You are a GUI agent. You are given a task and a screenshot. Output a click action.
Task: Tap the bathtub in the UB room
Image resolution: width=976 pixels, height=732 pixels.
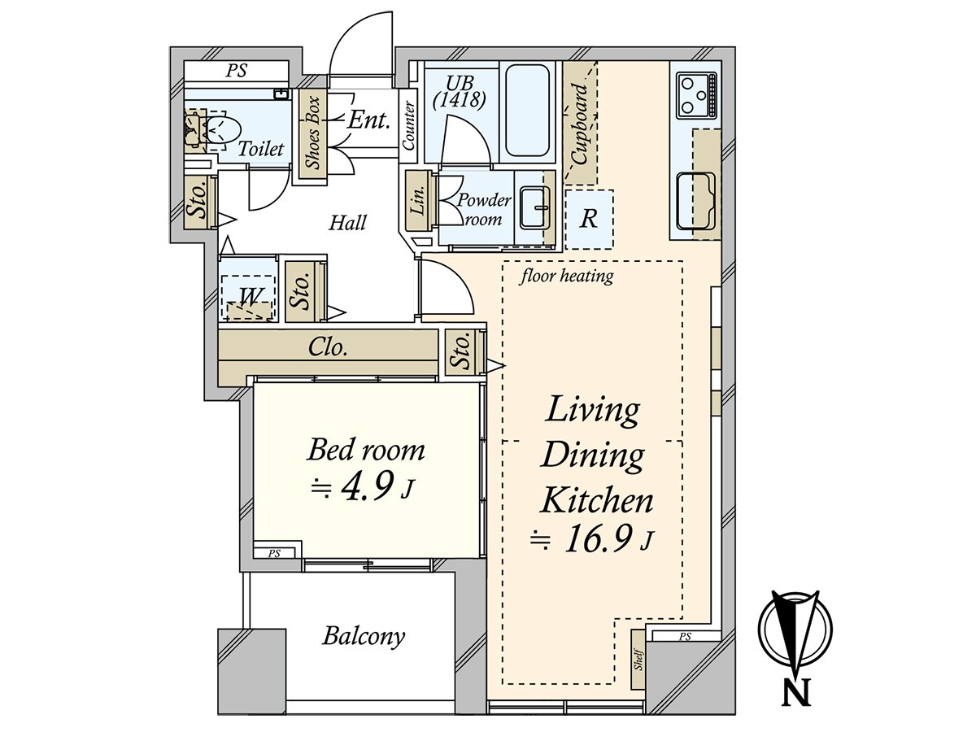click(527, 111)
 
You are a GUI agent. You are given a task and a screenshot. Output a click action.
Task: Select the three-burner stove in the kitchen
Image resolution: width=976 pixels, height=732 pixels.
click(697, 96)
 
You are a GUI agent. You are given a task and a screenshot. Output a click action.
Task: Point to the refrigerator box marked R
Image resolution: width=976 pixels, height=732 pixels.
click(589, 219)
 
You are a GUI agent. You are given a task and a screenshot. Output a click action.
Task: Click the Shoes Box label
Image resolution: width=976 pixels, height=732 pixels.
click(314, 133)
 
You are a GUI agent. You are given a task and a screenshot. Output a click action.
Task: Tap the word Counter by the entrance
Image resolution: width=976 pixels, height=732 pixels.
click(408, 126)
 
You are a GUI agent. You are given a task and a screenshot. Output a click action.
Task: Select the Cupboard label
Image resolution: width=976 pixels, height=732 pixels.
click(580, 124)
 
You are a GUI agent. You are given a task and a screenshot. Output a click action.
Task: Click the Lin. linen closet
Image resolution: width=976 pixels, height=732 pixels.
click(419, 200)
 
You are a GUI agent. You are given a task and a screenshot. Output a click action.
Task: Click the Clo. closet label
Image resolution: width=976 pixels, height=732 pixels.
click(328, 347)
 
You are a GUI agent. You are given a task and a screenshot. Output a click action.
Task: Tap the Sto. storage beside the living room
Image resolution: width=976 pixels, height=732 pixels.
click(463, 351)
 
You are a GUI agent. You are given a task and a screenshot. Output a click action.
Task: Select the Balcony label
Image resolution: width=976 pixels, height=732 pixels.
click(364, 636)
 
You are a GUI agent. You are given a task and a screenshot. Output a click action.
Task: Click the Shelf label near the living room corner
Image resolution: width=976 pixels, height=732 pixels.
click(639, 660)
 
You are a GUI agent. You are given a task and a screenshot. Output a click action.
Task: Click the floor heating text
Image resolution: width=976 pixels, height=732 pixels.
click(567, 277)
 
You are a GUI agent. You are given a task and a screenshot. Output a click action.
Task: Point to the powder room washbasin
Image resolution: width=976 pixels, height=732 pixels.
click(535, 207)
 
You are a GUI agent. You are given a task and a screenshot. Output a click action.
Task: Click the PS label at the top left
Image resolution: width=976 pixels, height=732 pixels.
click(236, 71)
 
